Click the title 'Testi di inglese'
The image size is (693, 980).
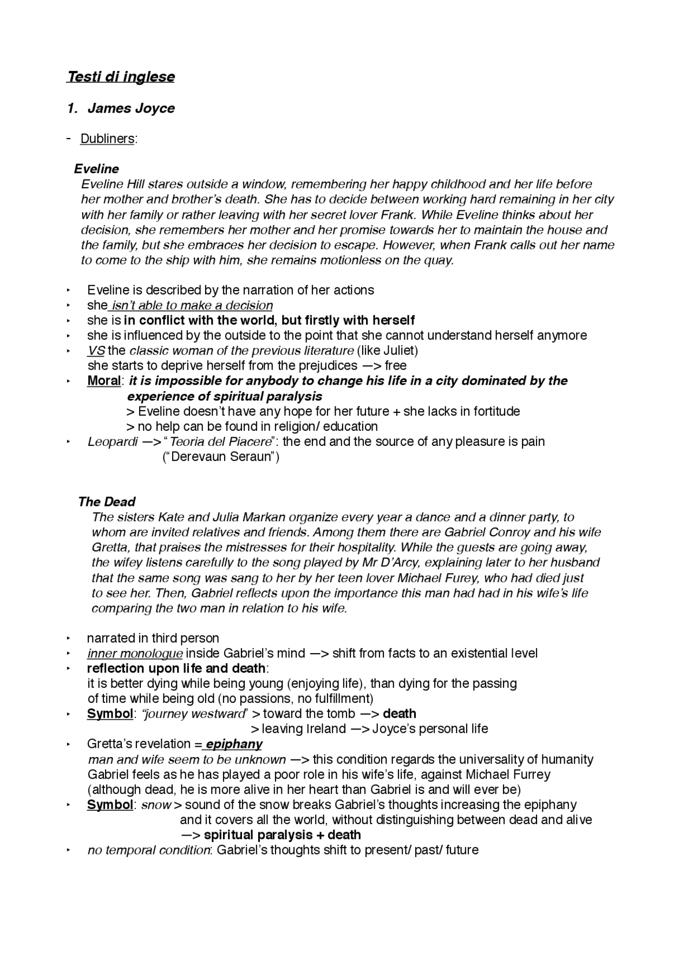[x=121, y=77]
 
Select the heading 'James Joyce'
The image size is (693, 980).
[x=131, y=108]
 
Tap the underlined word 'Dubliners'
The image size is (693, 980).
[x=107, y=139]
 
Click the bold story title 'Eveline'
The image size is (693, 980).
[x=96, y=169]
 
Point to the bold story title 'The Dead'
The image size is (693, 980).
[x=107, y=502]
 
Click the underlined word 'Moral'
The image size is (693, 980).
[x=103, y=381]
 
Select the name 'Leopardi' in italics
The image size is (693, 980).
[x=113, y=442]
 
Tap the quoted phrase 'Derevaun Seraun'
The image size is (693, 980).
[x=221, y=457]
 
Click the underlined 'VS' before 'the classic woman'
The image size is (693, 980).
[x=96, y=351]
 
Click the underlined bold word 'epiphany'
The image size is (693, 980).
[x=234, y=744]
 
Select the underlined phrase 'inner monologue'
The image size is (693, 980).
[x=135, y=653]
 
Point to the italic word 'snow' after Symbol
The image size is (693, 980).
[x=156, y=805]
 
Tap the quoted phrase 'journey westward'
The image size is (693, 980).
[x=194, y=714]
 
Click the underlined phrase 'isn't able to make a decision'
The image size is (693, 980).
[x=192, y=305]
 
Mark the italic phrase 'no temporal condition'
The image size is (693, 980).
[x=149, y=850]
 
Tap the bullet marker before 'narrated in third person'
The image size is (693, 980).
[x=69, y=639]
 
